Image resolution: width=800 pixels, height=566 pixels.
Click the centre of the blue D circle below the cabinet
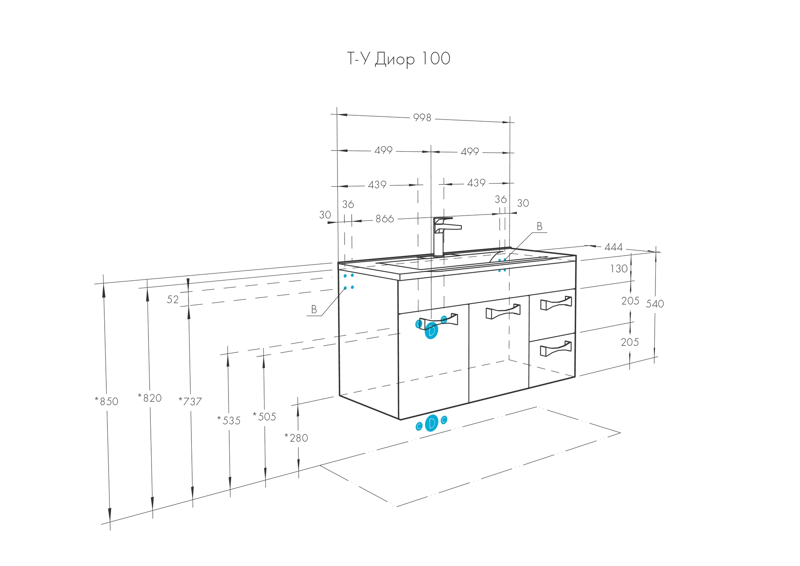pyautogui.click(x=431, y=423)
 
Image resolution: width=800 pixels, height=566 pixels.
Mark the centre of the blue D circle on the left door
pyautogui.click(x=431, y=331)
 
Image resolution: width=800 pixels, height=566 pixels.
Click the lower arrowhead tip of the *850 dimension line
pyautogui.click(x=110, y=522)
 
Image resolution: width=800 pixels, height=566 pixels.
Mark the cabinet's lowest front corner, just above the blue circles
pyautogui.click(x=400, y=420)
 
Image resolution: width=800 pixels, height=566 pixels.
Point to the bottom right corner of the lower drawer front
pyautogui.click(x=575, y=376)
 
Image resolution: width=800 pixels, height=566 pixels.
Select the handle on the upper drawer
pyautogui.click(x=556, y=304)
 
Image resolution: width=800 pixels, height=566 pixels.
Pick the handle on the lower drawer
pyautogui.click(x=556, y=348)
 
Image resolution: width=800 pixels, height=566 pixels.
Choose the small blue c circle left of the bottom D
pyautogui.click(x=419, y=426)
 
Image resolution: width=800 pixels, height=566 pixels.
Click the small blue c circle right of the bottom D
pyautogui.click(x=444, y=420)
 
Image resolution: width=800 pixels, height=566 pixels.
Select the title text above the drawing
pyautogui.click(x=399, y=59)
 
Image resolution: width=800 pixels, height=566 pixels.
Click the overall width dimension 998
pyautogui.click(x=422, y=117)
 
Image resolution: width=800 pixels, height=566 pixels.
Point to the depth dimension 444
pyautogui.click(x=614, y=247)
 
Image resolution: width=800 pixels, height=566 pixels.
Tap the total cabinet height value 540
pyautogui.click(x=655, y=304)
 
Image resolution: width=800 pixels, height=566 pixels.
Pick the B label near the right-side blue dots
pyautogui.click(x=539, y=226)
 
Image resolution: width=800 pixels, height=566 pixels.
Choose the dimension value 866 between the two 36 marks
pyautogui.click(x=385, y=219)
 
